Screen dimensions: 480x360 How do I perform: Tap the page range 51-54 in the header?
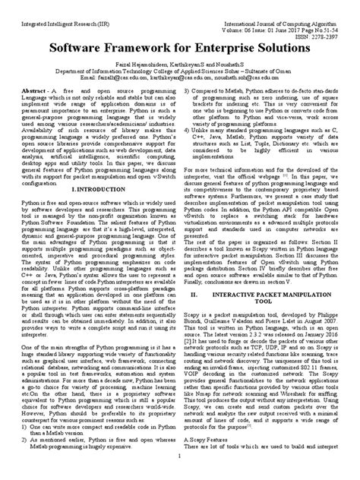pos(339,14)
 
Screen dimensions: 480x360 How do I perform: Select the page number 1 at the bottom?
pos(179,473)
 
